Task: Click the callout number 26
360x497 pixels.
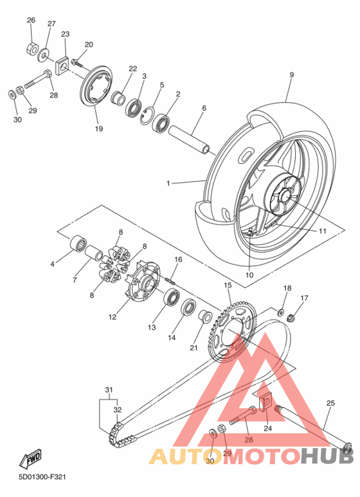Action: pos(31,21)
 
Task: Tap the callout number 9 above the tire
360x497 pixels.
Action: pos(291,75)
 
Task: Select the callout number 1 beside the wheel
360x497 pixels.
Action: pos(168,183)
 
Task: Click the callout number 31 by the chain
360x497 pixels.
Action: pos(109,390)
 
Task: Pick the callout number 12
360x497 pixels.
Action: pos(113,316)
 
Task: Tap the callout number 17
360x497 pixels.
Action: pos(305,298)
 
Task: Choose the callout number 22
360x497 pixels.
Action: pos(132,68)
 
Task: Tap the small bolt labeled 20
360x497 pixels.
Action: pos(76,62)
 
